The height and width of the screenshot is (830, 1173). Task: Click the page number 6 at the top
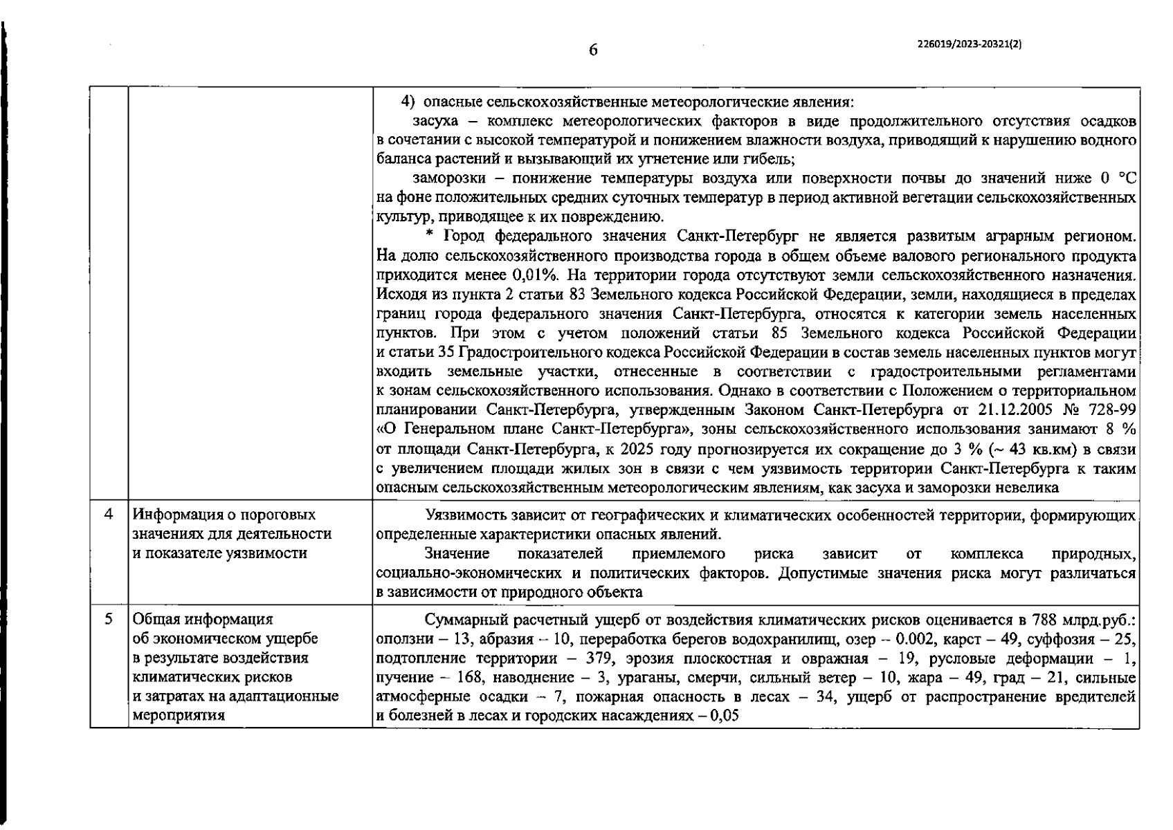[x=593, y=50]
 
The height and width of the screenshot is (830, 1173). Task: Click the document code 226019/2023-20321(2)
[x=969, y=43]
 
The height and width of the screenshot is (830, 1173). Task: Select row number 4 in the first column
[x=109, y=515]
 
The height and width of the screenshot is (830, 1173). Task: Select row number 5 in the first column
[x=109, y=619]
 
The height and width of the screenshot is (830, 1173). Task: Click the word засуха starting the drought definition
[x=435, y=122]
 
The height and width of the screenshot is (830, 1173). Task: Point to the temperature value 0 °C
[x=1116, y=179]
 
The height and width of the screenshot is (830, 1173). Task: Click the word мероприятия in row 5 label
[x=179, y=716]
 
